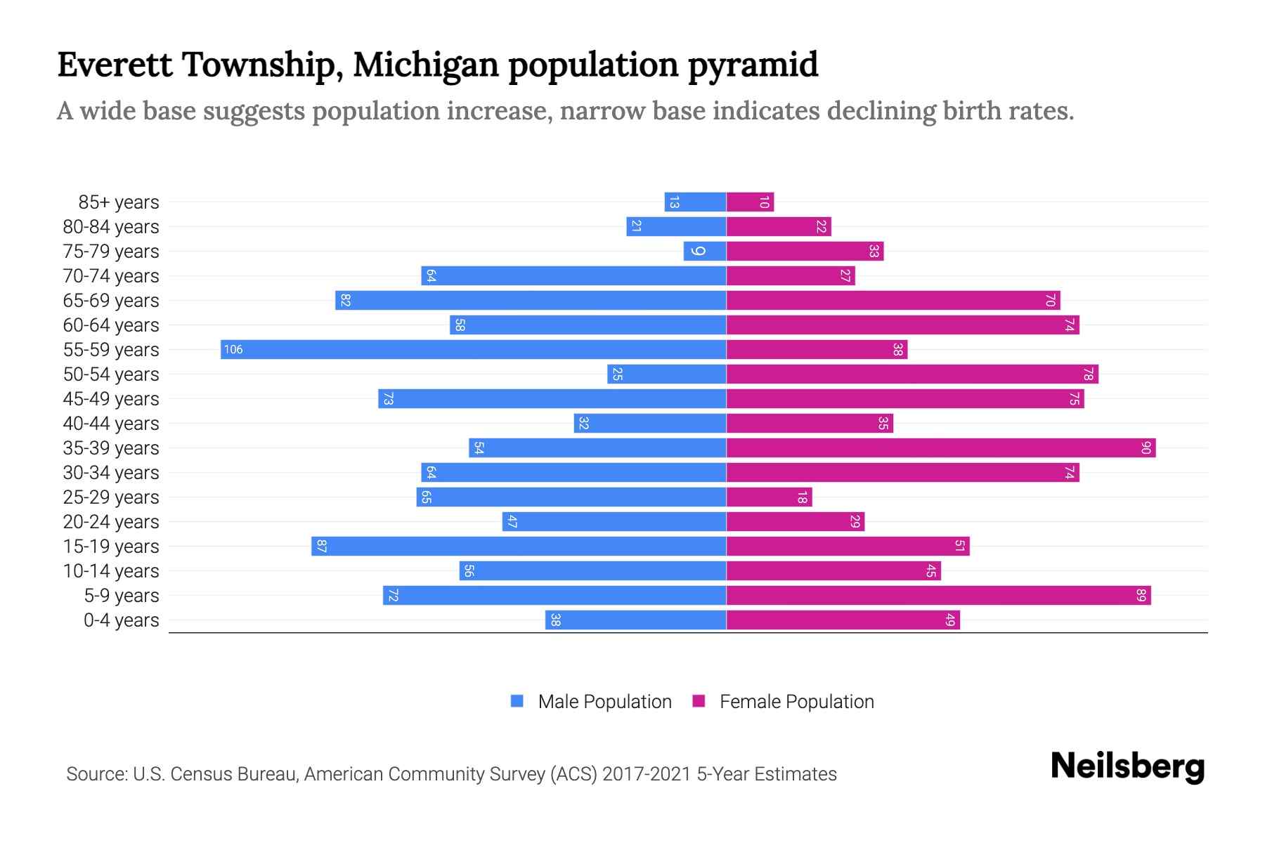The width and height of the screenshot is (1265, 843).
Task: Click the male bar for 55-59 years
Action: click(473, 349)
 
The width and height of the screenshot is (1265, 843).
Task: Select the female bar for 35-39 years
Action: click(940, 447)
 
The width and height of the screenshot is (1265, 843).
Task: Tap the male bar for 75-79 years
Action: click(704, 251)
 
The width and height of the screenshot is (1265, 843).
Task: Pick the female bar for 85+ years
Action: click(750, 202)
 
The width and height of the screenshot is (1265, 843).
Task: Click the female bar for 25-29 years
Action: click(769, 497)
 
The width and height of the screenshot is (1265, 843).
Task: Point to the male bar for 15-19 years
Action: click(519, 546)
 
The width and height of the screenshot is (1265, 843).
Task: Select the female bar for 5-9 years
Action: click(938, 595)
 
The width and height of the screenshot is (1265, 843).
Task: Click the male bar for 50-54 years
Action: click(666, 374)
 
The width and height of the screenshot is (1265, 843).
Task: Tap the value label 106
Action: click(233, 349)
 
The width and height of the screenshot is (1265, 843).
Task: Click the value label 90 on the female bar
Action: click(1146, 447)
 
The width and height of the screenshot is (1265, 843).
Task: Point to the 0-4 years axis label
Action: click(121, 620)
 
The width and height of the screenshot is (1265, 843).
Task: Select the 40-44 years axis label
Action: click(111, 424)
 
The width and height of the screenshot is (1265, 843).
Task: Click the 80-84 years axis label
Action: click(111, 227)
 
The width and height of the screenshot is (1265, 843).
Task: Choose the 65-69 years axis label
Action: click(111, 301)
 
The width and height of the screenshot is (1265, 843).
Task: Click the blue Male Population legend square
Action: click(517, 701)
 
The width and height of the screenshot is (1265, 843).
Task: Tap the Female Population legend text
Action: click(796, 701)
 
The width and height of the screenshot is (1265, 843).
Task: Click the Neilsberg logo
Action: click(1127, 766)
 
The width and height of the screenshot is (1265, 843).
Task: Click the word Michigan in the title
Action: click(425, 65)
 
